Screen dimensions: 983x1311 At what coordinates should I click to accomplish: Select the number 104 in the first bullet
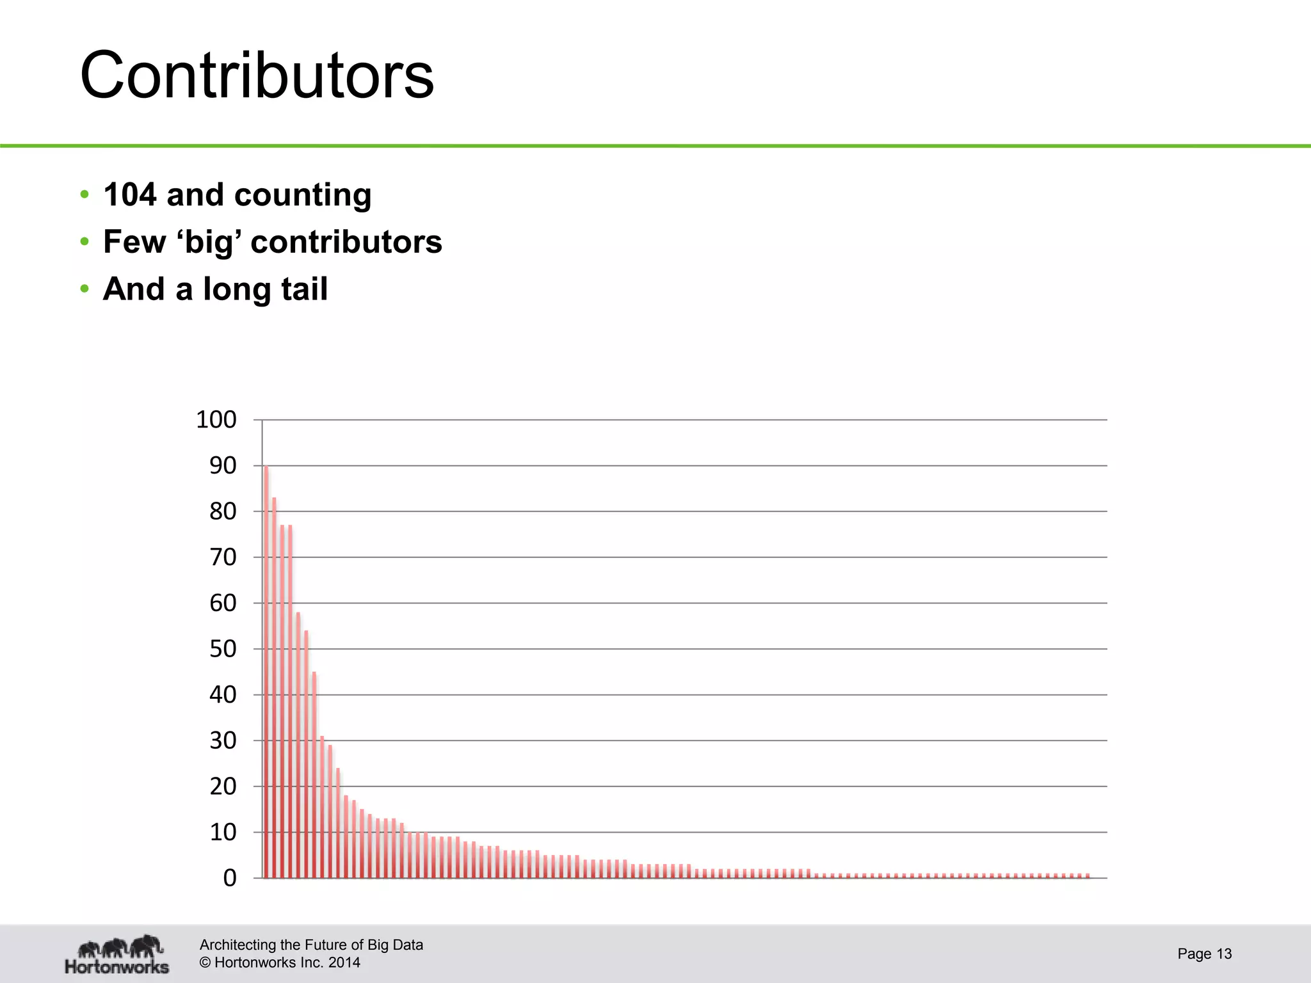point(130,195)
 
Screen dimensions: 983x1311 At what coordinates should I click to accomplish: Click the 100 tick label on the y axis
point(216,420)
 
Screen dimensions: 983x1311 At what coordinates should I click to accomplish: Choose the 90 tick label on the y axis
point(223,466)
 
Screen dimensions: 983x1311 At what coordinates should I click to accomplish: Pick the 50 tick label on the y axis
point(223,649)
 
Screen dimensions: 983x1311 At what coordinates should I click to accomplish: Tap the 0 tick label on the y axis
point(230,878)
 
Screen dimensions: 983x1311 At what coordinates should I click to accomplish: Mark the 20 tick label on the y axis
point(223,787)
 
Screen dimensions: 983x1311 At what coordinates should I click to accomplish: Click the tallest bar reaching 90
point(266,672)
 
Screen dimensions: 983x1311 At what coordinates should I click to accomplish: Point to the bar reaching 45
point(314,775)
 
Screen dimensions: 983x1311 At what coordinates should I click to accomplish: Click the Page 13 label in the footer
point(1204,954)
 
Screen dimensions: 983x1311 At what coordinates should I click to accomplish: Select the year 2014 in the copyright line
point(344,963)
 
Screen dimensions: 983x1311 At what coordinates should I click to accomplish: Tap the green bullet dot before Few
point(84,242)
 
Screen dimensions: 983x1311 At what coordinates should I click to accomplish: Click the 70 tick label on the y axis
point(223,557)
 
